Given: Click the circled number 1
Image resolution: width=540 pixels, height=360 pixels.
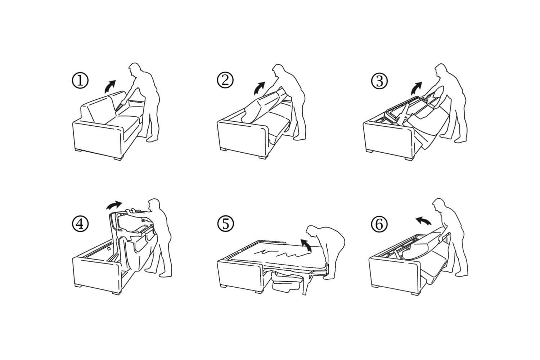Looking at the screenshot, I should (80, 81).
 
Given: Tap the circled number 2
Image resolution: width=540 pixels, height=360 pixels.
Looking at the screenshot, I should (225, 80).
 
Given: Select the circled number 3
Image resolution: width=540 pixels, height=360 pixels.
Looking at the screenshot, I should (379, 81).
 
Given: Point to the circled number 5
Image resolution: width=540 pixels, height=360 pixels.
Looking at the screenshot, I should (226, 224).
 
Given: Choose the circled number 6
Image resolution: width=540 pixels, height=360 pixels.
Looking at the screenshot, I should (379, 224).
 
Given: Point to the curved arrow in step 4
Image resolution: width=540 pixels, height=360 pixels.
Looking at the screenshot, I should (115, 205).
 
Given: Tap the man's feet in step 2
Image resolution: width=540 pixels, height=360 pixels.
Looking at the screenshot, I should (300, 138).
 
